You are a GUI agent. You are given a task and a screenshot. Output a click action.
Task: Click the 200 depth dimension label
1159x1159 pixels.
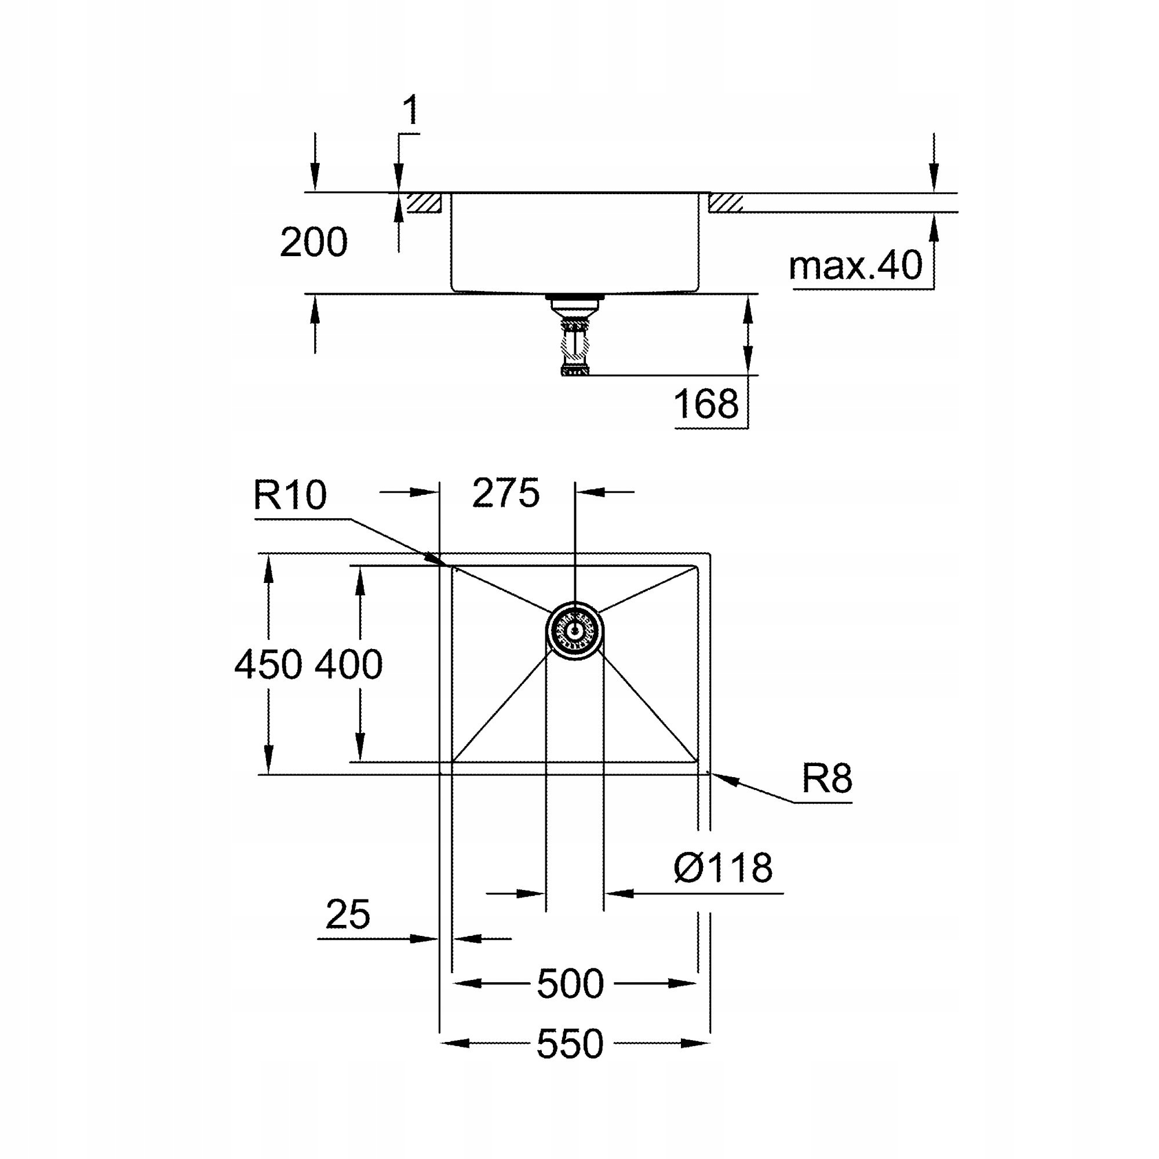pos(313,243)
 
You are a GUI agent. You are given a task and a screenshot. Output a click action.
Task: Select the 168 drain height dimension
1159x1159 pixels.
pos(705,404)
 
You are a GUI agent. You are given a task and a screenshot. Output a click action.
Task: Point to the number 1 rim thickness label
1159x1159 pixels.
pos(410,111)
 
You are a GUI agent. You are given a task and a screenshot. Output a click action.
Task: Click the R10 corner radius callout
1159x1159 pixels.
pos(290,495)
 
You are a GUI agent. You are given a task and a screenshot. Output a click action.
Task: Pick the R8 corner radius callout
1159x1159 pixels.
pos(827,779)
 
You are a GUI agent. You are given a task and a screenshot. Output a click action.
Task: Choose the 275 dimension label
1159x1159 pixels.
pos(506,494)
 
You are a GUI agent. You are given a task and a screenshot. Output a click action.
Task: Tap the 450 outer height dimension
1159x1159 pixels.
pos(268,665)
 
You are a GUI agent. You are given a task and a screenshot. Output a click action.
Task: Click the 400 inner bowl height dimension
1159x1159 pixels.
pos(348,665)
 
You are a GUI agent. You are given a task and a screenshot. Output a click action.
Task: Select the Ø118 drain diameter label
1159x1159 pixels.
pos(723,868)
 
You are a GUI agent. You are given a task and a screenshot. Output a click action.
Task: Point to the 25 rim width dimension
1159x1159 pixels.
pos(348,915)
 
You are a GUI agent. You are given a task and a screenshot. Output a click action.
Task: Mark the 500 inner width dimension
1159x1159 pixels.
pos(570,985)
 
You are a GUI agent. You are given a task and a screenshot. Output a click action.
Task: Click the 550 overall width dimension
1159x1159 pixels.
pos(570,1044)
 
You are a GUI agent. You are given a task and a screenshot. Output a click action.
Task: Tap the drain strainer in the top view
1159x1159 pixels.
pos(575,631)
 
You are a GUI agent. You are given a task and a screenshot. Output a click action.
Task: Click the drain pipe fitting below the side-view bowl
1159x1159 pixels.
pos(574,336)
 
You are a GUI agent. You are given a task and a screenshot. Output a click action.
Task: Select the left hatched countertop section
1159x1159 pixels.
pos(425,203)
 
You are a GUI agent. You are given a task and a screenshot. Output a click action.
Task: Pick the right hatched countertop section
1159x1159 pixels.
pos(726,203)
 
